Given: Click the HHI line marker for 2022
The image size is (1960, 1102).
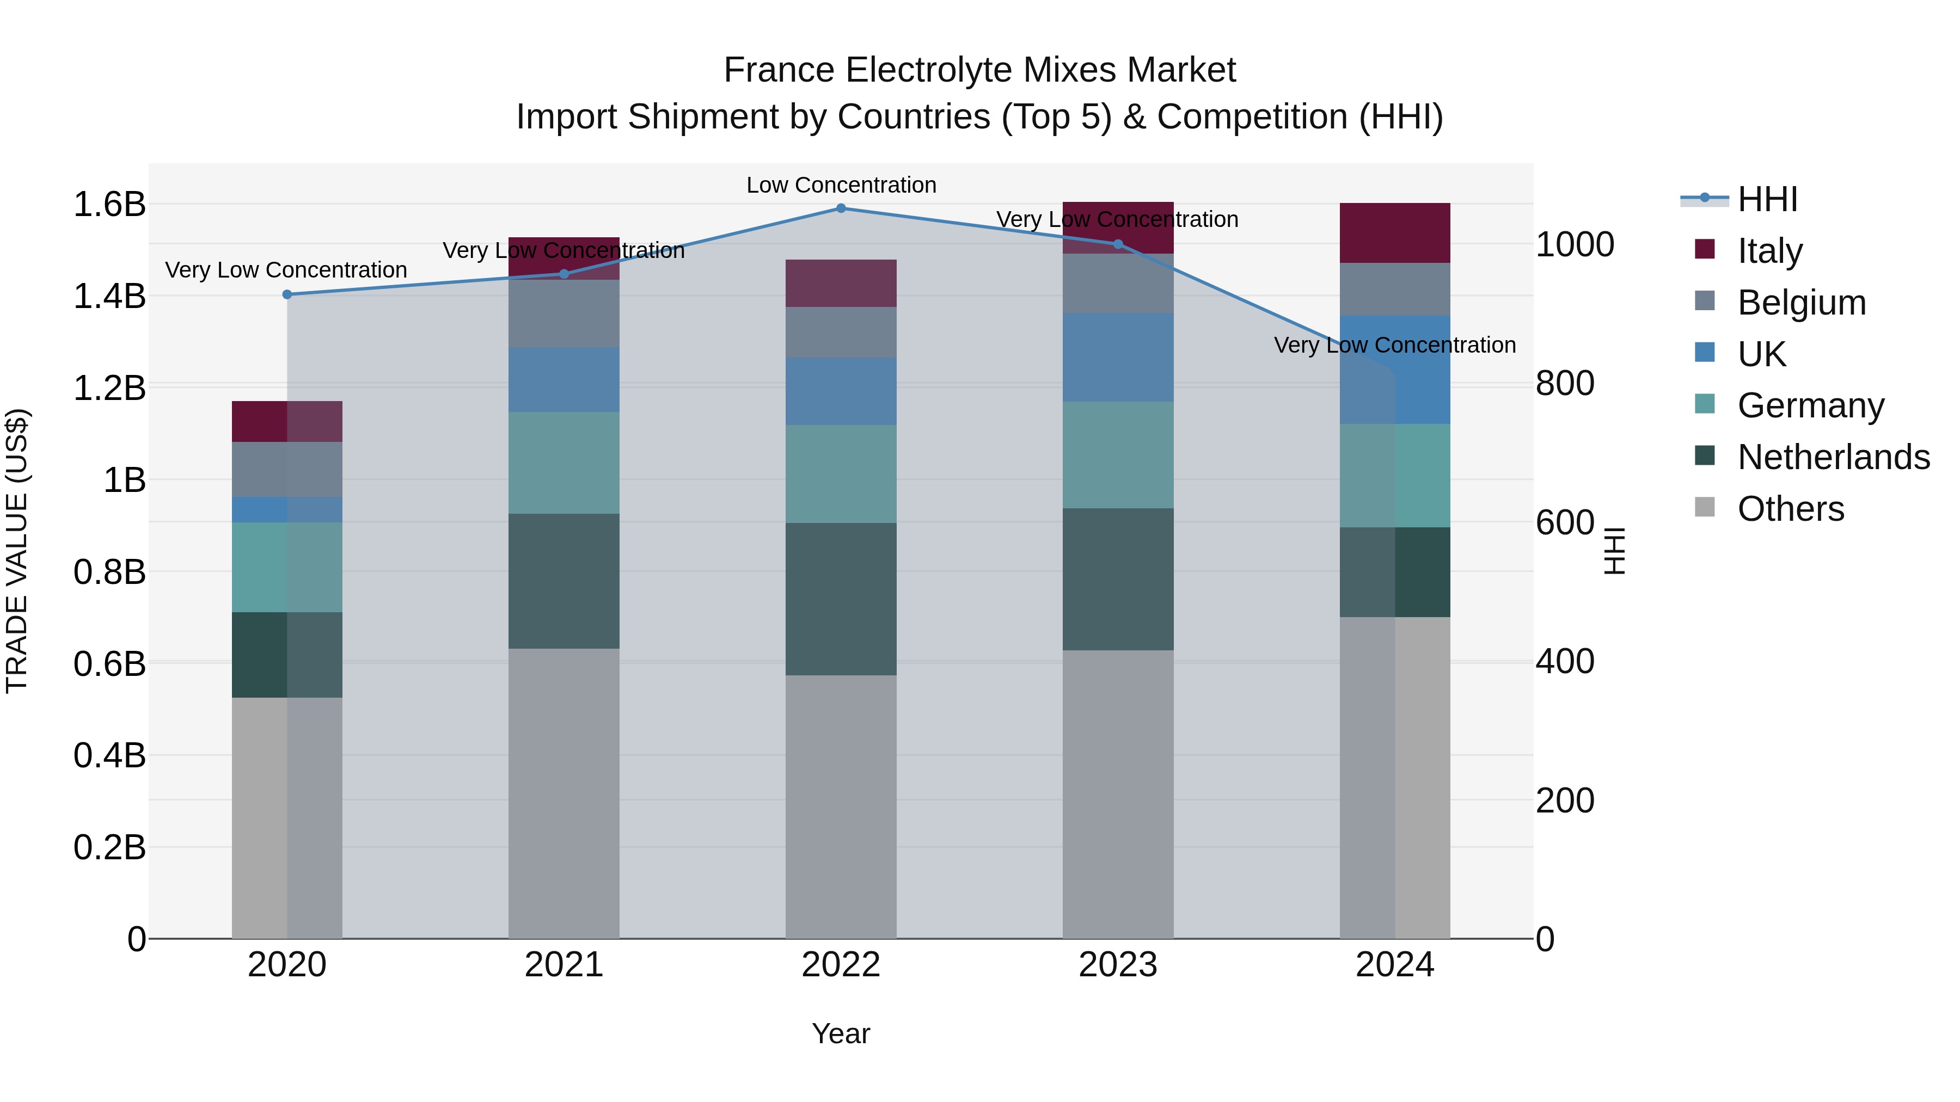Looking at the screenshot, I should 841,208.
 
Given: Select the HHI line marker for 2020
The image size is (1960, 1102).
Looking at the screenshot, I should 287,294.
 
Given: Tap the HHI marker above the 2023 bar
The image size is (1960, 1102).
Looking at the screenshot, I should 1118,244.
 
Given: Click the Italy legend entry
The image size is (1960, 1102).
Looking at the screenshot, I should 1770,251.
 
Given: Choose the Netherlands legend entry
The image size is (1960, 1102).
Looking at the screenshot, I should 1833,457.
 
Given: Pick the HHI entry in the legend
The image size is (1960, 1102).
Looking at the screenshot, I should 1767,199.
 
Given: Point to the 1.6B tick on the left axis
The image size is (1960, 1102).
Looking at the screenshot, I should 109,205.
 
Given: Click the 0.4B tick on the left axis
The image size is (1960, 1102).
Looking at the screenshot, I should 109,756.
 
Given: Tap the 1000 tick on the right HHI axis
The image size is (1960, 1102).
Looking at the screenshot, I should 1574,245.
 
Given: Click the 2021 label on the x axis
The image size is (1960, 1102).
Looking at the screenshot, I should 564,965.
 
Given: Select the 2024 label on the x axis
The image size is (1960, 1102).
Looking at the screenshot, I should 1395,965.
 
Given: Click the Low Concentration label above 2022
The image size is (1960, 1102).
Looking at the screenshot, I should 841,185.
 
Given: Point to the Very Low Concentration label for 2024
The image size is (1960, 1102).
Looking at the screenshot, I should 1395,345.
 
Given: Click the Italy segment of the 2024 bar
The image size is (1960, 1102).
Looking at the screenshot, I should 1395,233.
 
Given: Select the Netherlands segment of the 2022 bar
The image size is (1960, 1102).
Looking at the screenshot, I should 841,599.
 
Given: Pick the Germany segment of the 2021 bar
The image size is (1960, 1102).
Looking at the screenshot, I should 564,463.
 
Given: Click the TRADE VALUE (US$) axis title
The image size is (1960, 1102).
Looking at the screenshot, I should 17,551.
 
